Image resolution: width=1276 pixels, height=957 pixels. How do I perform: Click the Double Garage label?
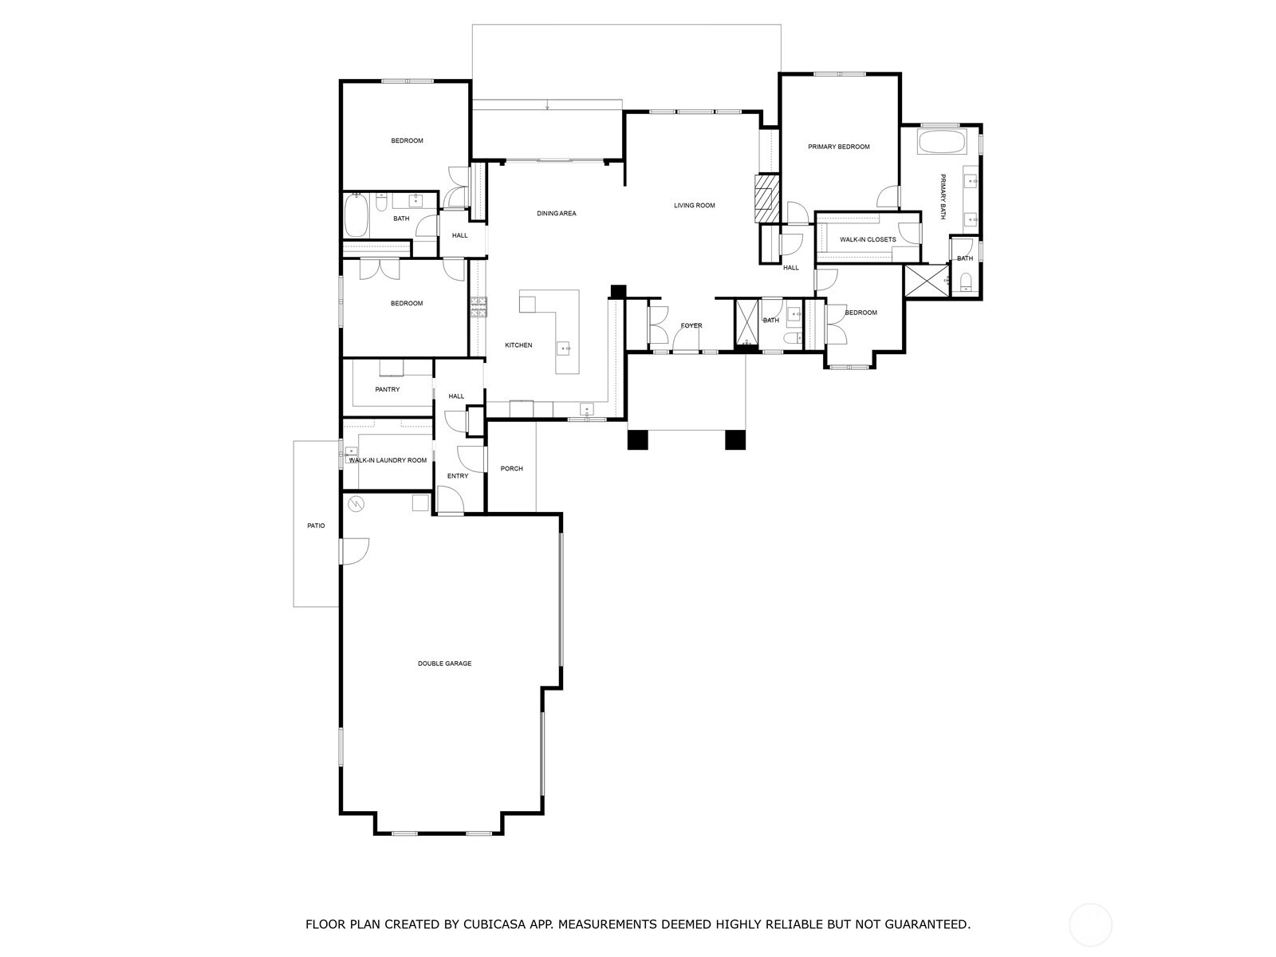[x=444, y=663]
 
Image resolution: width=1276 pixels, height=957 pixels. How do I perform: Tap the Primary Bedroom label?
[x=838, y=147]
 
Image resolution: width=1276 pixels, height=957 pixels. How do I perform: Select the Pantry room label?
[x=387, y=389]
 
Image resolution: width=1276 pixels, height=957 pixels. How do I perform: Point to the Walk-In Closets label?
[x=868, y=239]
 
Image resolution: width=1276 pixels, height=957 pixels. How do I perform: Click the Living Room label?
[x=694, y=205]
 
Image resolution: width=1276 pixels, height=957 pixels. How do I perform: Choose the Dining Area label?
[x=557, y=213]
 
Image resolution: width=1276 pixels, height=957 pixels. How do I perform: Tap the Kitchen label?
[x=518, y=345]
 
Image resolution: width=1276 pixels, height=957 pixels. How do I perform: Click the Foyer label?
[x=691, y=325]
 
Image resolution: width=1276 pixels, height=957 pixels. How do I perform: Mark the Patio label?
[x=316, y=526]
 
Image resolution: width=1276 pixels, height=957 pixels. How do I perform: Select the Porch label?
[x=511, y=468]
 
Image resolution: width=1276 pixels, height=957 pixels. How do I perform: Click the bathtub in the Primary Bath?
[x=942, y=142]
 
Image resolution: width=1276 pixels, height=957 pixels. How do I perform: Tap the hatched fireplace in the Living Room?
[x=766, y=198]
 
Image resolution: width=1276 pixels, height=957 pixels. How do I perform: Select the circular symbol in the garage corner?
[x=356, y=503]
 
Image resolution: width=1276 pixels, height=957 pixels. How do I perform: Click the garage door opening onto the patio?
[x=355, y=551]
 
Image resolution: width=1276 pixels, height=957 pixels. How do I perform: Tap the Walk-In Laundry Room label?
[x=388, y=460]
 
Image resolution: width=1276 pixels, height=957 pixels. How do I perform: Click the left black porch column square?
[x=638, y=439]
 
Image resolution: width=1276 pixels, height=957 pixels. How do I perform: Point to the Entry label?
[x=458, y=476]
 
